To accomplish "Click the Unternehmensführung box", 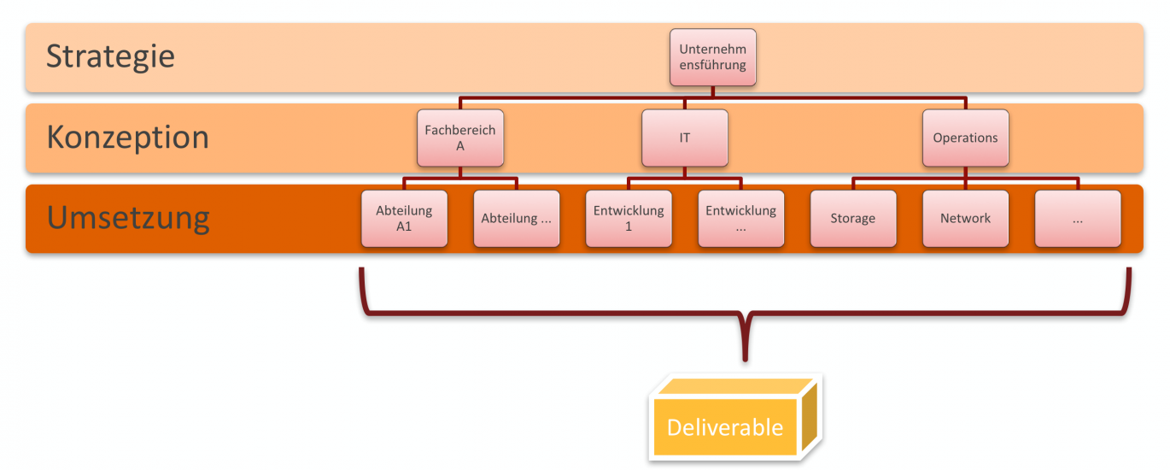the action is click(713, 57).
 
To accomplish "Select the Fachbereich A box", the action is click(460, 138).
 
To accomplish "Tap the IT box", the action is click(685, 138).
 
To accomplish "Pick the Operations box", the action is click(966, 138).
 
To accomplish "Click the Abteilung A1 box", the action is click(404, 219).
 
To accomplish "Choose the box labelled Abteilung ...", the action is click(517, 219).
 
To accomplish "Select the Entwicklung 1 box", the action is click(629, 219).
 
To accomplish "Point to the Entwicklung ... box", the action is click(741, 219).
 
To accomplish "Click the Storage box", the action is click(853, 219).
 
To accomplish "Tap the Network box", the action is click(966, 219).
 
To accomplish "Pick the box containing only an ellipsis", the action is click(1078, 219).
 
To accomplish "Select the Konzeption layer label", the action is click(128, 138).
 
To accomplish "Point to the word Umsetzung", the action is click(128, 219).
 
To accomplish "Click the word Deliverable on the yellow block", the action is click(725, 427).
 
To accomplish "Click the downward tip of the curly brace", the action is click(746, 360).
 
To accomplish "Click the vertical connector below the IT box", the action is click(685, 173).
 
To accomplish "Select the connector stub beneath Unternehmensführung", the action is click(713, 91).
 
